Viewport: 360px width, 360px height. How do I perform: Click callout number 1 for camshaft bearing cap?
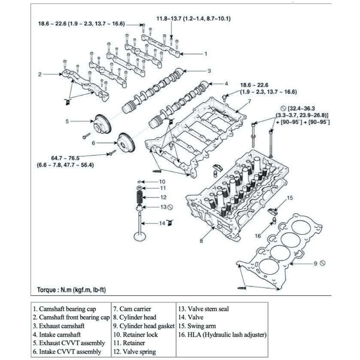pyautogui.click(x=206, y=54)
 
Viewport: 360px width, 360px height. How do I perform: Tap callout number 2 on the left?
pyautogui.click(x=39, y=74)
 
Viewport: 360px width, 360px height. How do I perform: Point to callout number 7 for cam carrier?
pyautogui.click(x=248, y=101)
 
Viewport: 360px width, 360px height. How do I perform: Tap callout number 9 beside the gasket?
pyautogui.click(x=315, y=263)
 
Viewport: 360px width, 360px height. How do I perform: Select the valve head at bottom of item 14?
pyautogui.click(x=140, y=237)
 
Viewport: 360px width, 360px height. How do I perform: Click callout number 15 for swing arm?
pyautogui.click(x=290, y=198)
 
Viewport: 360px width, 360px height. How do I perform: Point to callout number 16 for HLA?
pyautogui.click(x=258, y=236)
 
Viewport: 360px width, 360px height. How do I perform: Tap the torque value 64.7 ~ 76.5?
pyautogui.click(x=67, y=158)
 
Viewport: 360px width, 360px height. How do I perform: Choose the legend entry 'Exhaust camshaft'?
pyautogui.click(x=61, y=326)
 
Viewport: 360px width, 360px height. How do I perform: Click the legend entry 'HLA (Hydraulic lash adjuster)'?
pyautogui.click(x=222, y=334)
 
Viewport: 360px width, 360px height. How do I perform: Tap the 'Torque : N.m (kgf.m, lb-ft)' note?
pyautogui.click(x=69, y=290)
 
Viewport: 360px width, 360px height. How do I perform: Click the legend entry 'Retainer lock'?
pyautogui.click(x=135, y=334)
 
